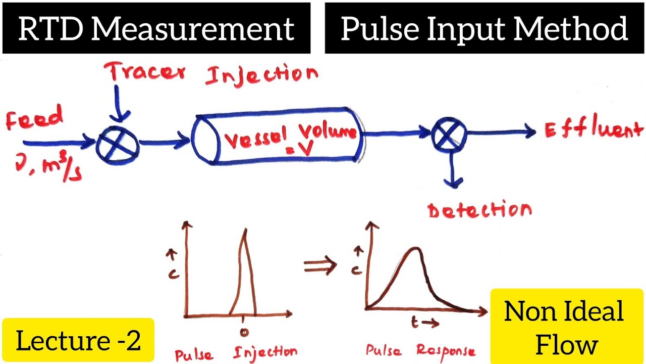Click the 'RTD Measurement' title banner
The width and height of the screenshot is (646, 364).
click(156, 29)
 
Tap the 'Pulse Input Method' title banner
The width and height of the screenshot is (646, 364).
click(484, 29)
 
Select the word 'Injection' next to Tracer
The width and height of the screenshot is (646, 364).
click(261, 76)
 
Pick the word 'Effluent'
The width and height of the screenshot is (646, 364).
click(594, 130)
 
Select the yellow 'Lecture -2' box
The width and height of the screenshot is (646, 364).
click(78, 341)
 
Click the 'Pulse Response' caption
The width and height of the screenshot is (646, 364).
click(420, 351)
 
